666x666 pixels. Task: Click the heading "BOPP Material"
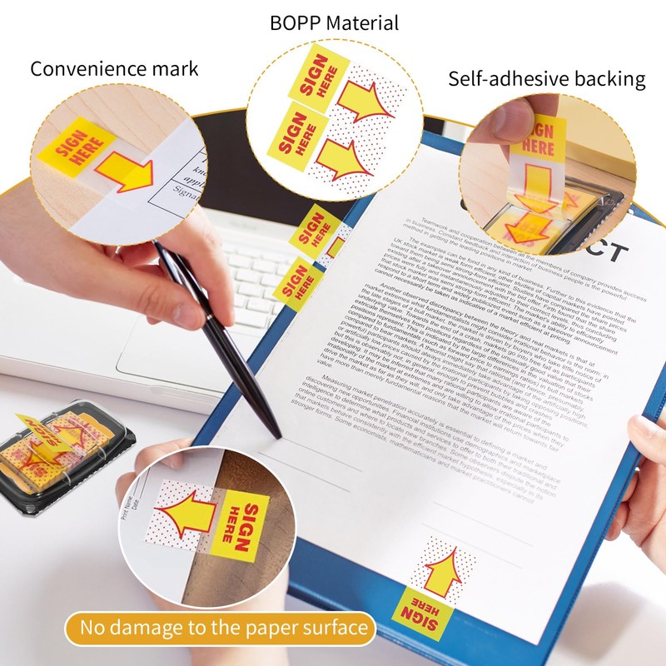click(334, 22)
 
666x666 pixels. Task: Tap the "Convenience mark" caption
click(114, 68)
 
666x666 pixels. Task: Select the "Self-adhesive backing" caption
click(547, 79)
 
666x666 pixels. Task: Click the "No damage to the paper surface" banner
click(219, 627)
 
